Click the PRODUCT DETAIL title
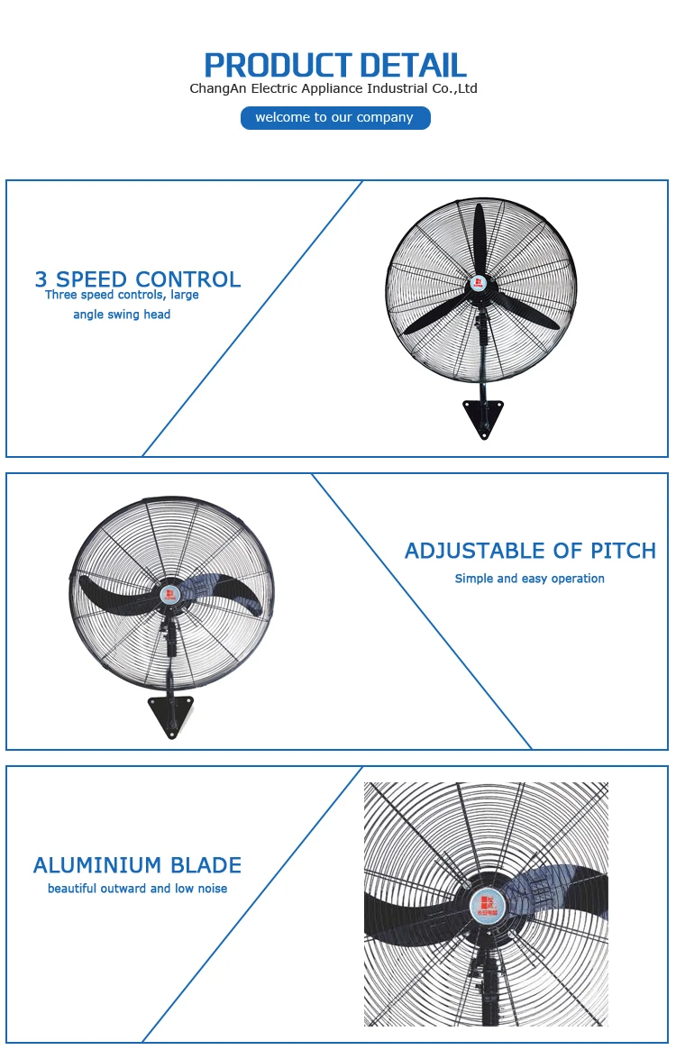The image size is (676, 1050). point(335,65)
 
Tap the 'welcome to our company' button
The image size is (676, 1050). point(335,118)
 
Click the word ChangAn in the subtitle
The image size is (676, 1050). point(217,88)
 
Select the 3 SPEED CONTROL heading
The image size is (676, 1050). point(138,279)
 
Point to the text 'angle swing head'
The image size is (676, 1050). point(122,315)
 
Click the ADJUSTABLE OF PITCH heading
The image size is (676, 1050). point(530,551)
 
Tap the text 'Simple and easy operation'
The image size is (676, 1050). point(529,579)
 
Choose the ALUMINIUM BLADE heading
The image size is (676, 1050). point(138,865)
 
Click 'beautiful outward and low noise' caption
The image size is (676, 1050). point(138,889)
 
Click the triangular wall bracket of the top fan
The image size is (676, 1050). point(483,417)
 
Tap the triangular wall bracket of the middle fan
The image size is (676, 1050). point(170,715)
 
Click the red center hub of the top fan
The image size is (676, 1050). point(478,284)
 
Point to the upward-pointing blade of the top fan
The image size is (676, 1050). point(480,239)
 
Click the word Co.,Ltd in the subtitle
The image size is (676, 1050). point(454,88)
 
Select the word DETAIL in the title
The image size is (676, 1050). point(413,65)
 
